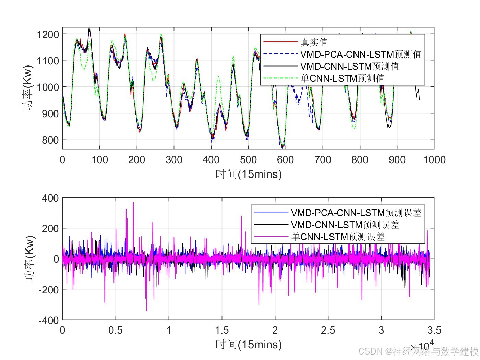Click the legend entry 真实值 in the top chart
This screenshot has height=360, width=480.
click(314, 42)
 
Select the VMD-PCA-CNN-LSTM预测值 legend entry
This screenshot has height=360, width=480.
click(360, 54)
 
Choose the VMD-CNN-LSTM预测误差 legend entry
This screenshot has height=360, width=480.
click(345, 225)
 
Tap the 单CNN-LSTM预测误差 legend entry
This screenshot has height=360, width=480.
click(338, 237)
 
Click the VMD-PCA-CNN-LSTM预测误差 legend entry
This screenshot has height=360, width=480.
click(356, 213)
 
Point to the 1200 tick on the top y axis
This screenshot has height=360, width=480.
click(48, 34)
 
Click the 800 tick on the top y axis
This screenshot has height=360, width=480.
click(50, 140)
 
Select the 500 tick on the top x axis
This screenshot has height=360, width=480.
click(248, 160)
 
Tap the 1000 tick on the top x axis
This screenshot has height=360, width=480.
click(434, 160)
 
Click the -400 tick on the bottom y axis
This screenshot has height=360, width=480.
click(48, 320)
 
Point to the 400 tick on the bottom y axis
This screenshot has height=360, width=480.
click(50, 198)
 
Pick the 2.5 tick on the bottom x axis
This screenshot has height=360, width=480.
click(328, 330)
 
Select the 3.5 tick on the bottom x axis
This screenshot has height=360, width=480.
click(434, 330)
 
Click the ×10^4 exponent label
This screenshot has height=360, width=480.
click(422, 345)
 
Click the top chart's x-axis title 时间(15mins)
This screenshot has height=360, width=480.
click(249, 174)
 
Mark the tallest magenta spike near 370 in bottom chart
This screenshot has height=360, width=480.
click(133, 203)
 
